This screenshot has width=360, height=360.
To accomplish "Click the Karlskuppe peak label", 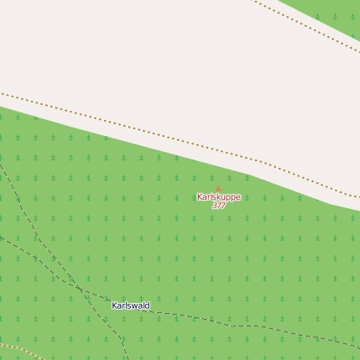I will tap(218, 197).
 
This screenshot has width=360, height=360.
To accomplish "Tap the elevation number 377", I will tap(218, 206).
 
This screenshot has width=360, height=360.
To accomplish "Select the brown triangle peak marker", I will tap(218, 189).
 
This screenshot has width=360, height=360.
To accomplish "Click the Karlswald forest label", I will tap(131, 305).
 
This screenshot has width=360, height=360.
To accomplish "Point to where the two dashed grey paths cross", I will tap(82, 290).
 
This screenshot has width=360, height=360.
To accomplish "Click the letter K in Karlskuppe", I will tap(200, 197).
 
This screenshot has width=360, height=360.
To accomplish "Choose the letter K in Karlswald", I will tap(115, 305).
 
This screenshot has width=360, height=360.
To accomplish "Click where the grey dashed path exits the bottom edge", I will tap(126, 358).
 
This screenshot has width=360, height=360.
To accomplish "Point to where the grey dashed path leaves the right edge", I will tap(358, 344).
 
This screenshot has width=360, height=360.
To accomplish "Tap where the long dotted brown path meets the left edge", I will tap(2, 93).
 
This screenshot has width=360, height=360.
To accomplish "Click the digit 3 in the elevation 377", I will tap(214, 206).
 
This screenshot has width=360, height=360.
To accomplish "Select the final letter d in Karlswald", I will tap(148, 305).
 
